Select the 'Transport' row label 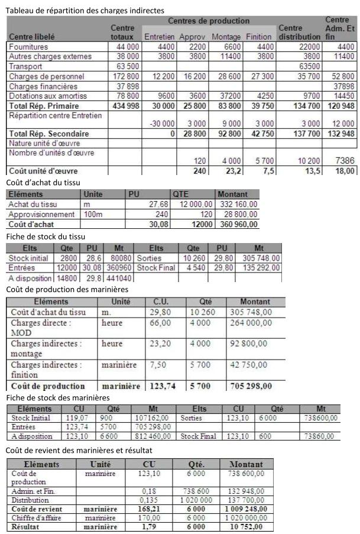pyautogui.click(x=25, y=66)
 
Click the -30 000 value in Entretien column pyautogui.click(x=160, y=124)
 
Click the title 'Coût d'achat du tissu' pyautogui.click(x=43, y=182)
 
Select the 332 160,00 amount pyautogui.click(x=238, y=204)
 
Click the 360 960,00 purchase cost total pyautogui.click(x=238, y=224)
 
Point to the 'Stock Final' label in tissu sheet pyautogui.click(x=157, y=268)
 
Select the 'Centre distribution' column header pyautogui.click(x=299, y=32)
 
